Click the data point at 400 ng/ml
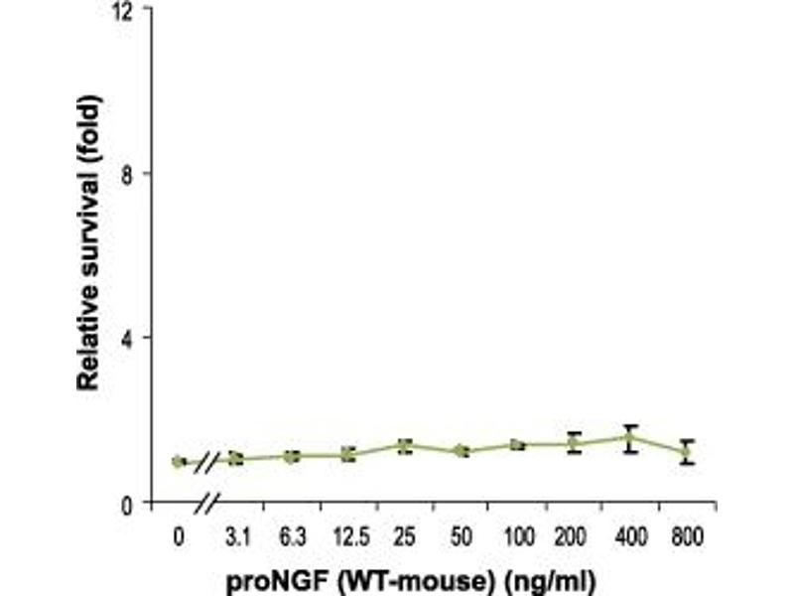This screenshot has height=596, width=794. (629, 437)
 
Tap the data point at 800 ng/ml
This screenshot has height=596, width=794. (685, 452)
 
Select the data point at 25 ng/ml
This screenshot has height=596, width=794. (405, 446)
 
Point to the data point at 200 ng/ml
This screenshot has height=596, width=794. (573, 443)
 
